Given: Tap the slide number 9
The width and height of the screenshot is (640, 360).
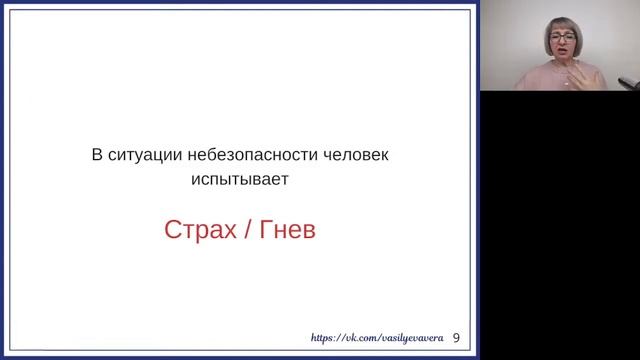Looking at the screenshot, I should point(458,338).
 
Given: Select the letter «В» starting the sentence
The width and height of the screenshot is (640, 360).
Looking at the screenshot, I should point(96,158).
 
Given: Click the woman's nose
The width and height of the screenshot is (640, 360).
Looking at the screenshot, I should point(560,50).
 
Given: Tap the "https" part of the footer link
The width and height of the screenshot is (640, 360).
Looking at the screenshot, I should point(325,339).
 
